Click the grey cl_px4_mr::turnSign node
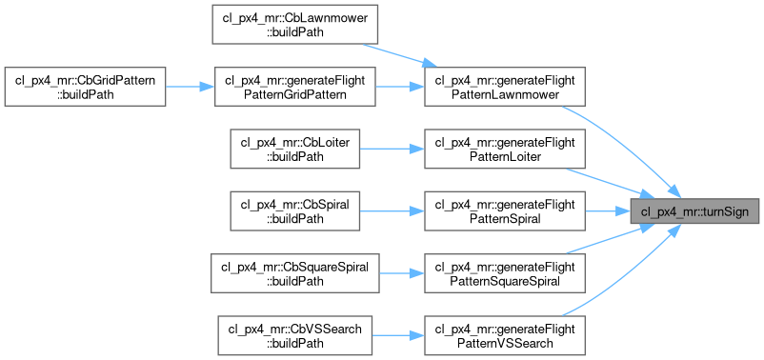(x=694, y=210)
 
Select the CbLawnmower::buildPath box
(x=295, y=25)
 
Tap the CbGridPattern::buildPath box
(x=86, y=87)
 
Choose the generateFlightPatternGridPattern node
(x=295, y=87)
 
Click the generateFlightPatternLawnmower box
(x=505, y=87)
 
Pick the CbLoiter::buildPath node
(x=295, y=150)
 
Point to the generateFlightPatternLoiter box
(x=505, y=150)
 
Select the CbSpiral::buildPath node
(x=295, y=210)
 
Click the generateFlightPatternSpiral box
(x=505, y=210)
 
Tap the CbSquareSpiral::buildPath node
(x=295, y=273)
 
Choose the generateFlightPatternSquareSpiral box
(x=505, y=273)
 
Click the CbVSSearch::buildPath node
(x=295, y=335)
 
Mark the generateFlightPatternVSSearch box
(x=505, y=335)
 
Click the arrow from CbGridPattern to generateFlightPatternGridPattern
(x=190, y=87)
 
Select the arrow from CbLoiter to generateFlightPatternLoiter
(x=392, y=150)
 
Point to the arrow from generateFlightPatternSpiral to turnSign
(x=608, y=210)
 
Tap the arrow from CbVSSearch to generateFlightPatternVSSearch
(x=398, y=335)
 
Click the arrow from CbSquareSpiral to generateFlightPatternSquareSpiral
(x=402, y=273)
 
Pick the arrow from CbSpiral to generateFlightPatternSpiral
(x=392, y=210)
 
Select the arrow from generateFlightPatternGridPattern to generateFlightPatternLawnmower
(x=400, y=87)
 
